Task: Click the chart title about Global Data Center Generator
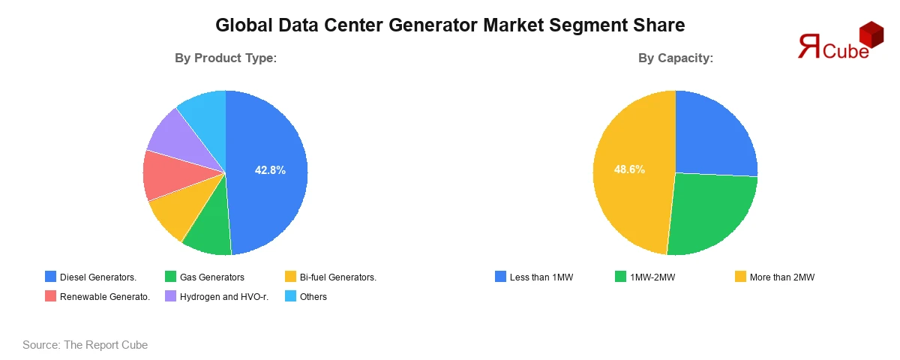point(450,25)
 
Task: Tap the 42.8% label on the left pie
point(270,170)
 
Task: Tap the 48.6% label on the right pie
point(629,169)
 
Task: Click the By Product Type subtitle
point(226,58)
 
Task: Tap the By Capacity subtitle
point(675,58)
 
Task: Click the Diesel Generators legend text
point(97,277)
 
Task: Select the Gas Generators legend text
point(212,277)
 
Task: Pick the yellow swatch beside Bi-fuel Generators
point(290,277)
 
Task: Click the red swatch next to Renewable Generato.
point(50,296)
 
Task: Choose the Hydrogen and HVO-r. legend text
point(224,297)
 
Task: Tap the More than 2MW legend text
point(781,277)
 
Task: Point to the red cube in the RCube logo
point(871,34)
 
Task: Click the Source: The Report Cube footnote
point(85,345)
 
